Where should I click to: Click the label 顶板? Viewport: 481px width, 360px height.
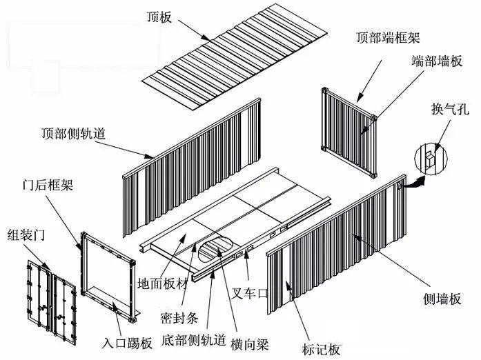click(x=159, y=17)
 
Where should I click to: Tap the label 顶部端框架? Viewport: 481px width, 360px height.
click(x=388, y=37)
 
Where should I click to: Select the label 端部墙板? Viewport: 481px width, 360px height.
click(x=437, y=61)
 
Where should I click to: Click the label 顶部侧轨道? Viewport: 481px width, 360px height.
click(x=74, y=133)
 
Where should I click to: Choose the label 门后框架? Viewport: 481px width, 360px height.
click(x=48, y=185)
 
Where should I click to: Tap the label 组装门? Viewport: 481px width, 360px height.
click(x=26, y=235)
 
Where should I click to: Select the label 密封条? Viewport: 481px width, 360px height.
click(x=179, y=318)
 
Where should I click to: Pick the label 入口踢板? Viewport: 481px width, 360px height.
click(x=127, y=343)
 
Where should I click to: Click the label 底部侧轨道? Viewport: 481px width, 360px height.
click(x=194, y=340)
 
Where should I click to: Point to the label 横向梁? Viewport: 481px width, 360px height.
click(x=250, y=344)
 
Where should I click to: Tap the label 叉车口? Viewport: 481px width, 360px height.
click(x=250, y=293)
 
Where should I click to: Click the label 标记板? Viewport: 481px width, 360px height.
click(x=321, y=349)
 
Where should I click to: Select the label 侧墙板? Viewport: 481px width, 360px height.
click(x=442, y=299)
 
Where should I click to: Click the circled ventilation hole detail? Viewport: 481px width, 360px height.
click(x=431, y=159)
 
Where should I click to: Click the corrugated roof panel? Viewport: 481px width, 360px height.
click(x=235, y=57)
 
